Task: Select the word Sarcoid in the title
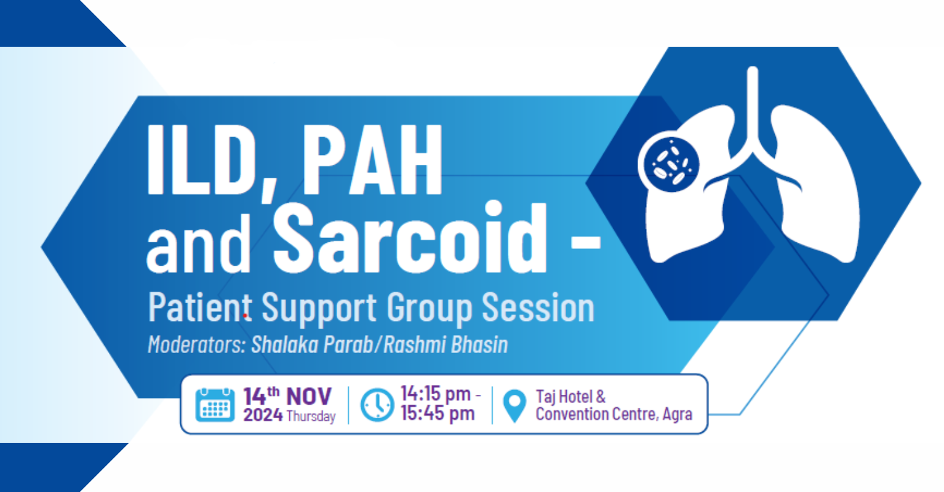point(410,237)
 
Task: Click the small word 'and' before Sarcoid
point(198,244)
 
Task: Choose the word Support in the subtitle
point(319,309)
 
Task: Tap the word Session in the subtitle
point(538,307)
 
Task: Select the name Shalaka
point(285,344)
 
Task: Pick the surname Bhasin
point(479,344)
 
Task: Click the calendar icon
point(215,405)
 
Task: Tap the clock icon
point(377,405)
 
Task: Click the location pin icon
point(514,406)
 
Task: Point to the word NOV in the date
point(308,397)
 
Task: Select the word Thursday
point(311,416)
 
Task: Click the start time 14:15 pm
point(435,394)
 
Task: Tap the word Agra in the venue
point(678,415)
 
